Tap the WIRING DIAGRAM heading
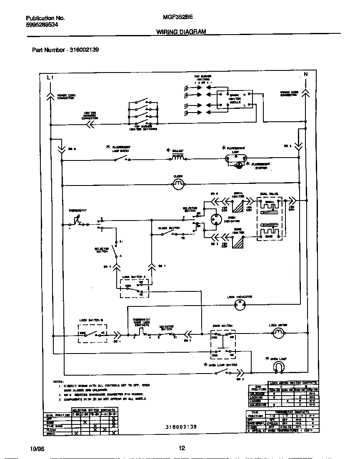point(181,32)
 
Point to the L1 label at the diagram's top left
point(50,78)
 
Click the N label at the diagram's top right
point(305,75)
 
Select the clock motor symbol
point(178,183)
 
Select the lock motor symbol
point(278,332)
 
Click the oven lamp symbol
point(278,366)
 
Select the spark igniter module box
point(228,100)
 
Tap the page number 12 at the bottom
point(181,449)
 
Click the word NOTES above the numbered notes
point(57,381)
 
